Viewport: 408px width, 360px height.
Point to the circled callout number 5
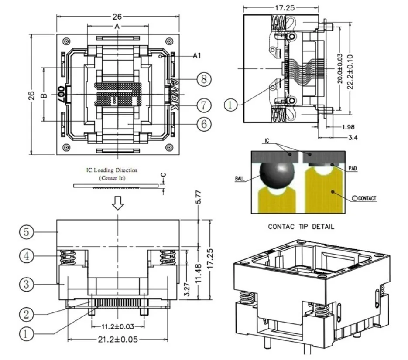coord(26,232)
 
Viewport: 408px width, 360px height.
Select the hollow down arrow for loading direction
coord(118,203)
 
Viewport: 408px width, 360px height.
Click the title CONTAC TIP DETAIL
coord(301,227)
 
